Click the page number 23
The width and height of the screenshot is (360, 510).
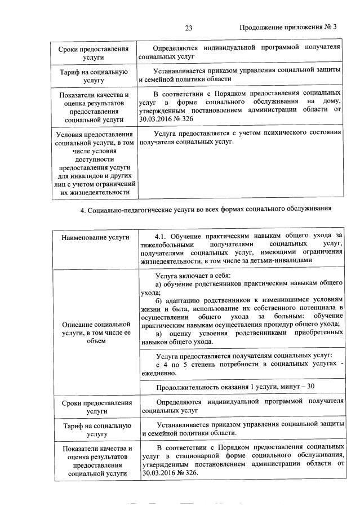(x=189, y=28)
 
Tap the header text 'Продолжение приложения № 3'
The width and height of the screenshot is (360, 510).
(x=288, y=28)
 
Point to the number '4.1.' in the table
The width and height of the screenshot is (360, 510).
(x=162, y=234)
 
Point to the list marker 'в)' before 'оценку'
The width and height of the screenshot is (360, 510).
(x=158, y=333)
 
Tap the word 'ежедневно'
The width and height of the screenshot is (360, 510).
(x=160, y=372)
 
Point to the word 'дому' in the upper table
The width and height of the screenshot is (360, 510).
(x=332, y=101)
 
